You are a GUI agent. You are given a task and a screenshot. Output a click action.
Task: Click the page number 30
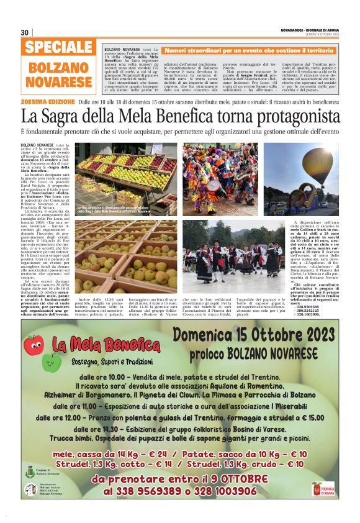(x=25, y=32)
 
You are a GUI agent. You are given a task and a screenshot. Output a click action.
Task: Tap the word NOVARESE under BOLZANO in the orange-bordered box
(x=60, y=82)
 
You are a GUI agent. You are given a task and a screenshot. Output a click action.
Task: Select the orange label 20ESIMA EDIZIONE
(x=48, y=101)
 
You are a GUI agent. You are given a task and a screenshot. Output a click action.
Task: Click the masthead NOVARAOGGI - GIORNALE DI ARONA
(x=309, y=29)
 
